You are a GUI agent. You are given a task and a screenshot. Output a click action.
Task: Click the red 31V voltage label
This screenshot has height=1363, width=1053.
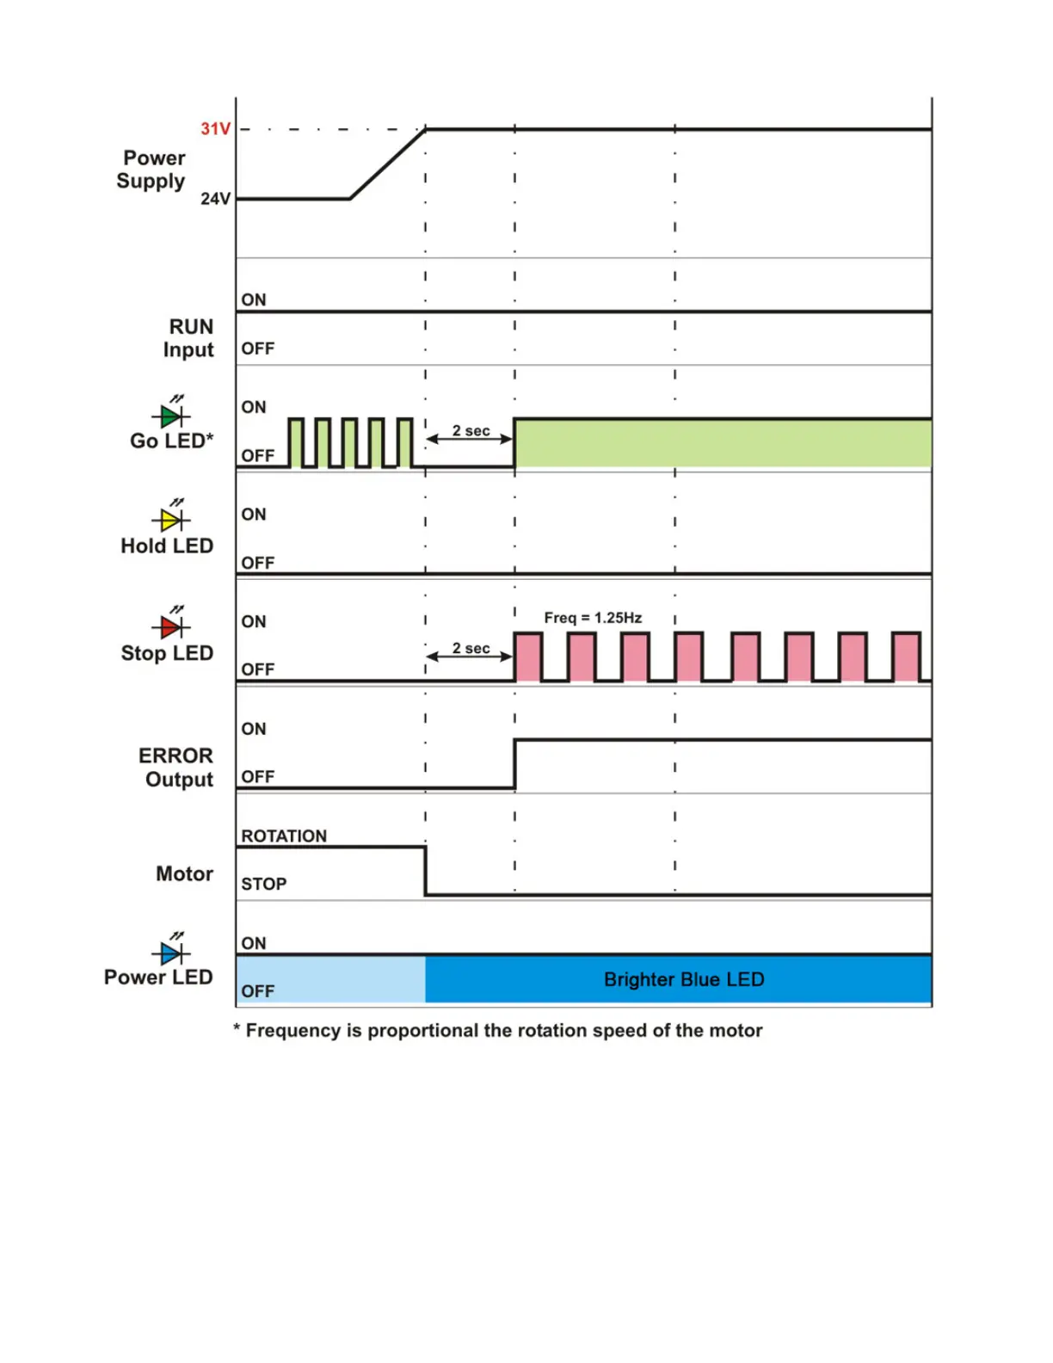[x=215, y=129]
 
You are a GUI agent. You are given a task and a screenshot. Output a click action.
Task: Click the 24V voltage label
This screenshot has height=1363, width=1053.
[x=215, y=199]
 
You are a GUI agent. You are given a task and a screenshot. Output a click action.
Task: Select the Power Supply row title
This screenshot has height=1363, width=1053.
[x=152, y=170]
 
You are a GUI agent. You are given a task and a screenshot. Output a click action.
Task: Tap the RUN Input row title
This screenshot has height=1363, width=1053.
[x=189, y=338]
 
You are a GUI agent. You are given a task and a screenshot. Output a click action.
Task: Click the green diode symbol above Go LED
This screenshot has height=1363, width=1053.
[x=171, y=416]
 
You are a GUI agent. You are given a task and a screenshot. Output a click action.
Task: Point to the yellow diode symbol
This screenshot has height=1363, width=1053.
[x=171, y=520]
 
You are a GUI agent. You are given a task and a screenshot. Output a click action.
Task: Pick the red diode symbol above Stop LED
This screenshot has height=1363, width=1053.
[x=171, y=626]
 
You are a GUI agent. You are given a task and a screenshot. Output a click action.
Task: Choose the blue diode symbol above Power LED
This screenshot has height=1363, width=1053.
[x=171, y=953]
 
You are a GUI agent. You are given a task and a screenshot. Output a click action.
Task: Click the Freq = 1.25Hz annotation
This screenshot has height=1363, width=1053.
[x=593, y=618]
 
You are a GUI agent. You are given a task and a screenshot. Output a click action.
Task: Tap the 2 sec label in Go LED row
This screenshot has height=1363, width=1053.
[x=471, y=430]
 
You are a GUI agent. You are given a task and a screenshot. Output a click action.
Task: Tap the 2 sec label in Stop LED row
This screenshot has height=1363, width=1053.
[x=471, y=648]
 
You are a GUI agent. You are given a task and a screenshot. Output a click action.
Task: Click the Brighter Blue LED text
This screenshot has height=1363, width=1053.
[x=684, y=979]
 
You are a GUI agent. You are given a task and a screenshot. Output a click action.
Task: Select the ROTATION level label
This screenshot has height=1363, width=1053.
[x=284, y=836]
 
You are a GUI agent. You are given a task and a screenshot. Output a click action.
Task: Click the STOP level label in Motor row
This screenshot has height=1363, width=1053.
[x=263, y=884]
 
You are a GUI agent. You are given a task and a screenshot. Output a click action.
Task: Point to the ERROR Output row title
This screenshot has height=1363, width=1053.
[x=177, y=768]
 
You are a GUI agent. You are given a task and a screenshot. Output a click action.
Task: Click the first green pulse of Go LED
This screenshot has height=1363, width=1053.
[x=296, y=444]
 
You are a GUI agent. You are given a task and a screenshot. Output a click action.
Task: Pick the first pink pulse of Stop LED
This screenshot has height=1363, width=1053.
[x=528, y=657]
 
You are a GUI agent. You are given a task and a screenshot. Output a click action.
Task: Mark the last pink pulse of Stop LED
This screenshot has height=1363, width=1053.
[x=906, y=657]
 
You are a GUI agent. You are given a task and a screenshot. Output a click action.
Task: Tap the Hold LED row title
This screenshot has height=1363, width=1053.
[x=167, y=546]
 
